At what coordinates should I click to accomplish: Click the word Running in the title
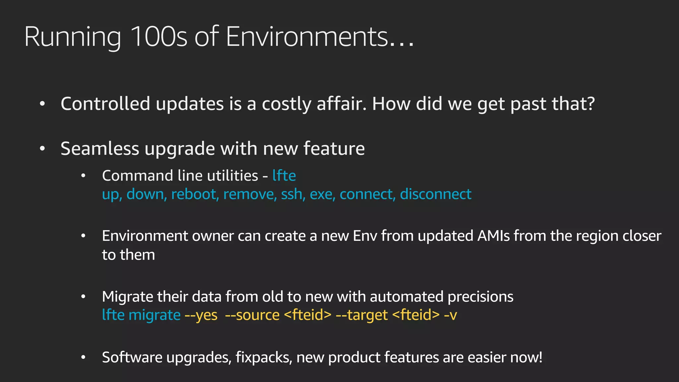(73, 37)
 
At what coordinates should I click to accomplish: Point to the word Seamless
(100, 148)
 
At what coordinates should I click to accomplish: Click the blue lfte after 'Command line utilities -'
(284, 176)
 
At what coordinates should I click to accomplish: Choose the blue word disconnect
(436, 194)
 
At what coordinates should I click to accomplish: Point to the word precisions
(480, 297)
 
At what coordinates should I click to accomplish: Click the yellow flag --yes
(201, 315)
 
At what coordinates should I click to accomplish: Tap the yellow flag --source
(252, 315)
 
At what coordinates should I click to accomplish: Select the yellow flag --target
(362, 315)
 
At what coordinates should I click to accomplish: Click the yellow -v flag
(450, 315)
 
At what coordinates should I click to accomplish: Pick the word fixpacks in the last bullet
(264, 357)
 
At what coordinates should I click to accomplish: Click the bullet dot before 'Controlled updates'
(42, 104)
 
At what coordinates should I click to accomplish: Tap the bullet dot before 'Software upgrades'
(84, 357)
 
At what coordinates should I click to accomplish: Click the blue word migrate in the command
(154, 315)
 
